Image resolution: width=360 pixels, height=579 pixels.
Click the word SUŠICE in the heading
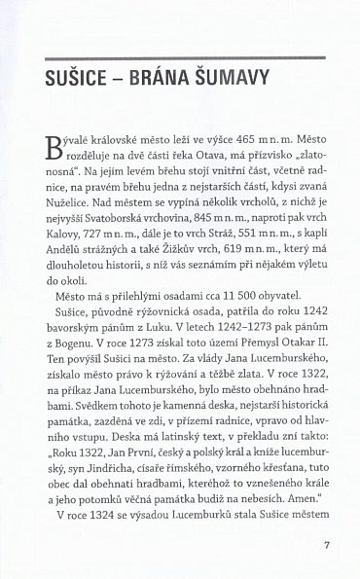(x=70, y=78)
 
